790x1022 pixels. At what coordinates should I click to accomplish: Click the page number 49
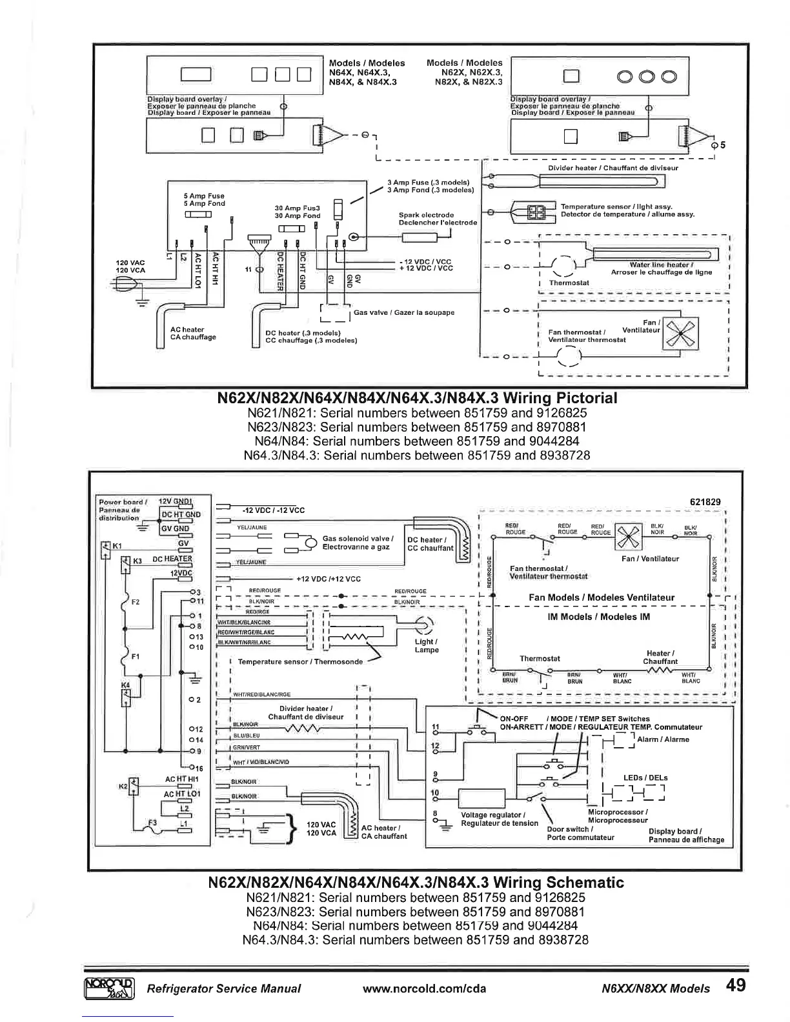[736, 986]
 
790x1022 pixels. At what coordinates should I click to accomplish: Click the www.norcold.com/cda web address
[425, 988]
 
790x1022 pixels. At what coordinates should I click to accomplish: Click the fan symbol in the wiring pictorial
[682, 334]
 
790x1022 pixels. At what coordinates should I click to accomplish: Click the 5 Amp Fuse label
[205, 199]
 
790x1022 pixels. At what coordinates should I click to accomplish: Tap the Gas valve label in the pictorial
[404, 312]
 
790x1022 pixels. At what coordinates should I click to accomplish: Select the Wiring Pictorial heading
[419, 397]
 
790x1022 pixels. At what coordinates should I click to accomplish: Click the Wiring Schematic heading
[416, 882]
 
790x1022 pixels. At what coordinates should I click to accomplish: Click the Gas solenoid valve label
[356, 543]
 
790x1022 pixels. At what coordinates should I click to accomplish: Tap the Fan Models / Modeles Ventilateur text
[602, 597]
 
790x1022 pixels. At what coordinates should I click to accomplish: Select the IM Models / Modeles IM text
[599, 617]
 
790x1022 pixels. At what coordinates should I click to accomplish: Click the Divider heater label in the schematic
[306, 712]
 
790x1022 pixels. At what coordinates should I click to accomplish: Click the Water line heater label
[662, 268]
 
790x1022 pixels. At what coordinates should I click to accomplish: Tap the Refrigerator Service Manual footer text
[224, 988]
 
